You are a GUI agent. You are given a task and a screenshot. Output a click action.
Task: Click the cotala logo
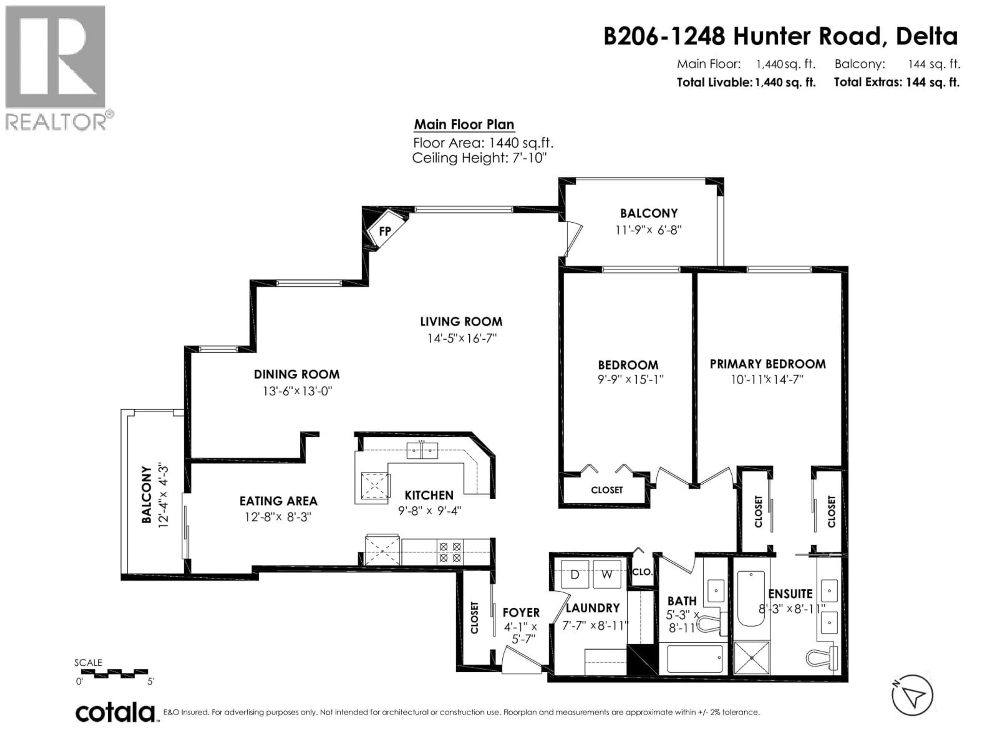(x=115, y=713)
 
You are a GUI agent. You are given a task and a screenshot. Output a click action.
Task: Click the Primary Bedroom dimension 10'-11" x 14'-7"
(x=767, y=380)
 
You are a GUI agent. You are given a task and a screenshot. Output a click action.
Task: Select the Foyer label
(x=521, y=612)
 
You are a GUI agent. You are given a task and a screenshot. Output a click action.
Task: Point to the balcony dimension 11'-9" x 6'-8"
(x=648, y=230)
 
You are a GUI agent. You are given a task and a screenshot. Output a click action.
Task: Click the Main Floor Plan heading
(x=464, y=124)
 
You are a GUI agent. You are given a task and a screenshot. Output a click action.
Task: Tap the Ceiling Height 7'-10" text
(x=479, y=158)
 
